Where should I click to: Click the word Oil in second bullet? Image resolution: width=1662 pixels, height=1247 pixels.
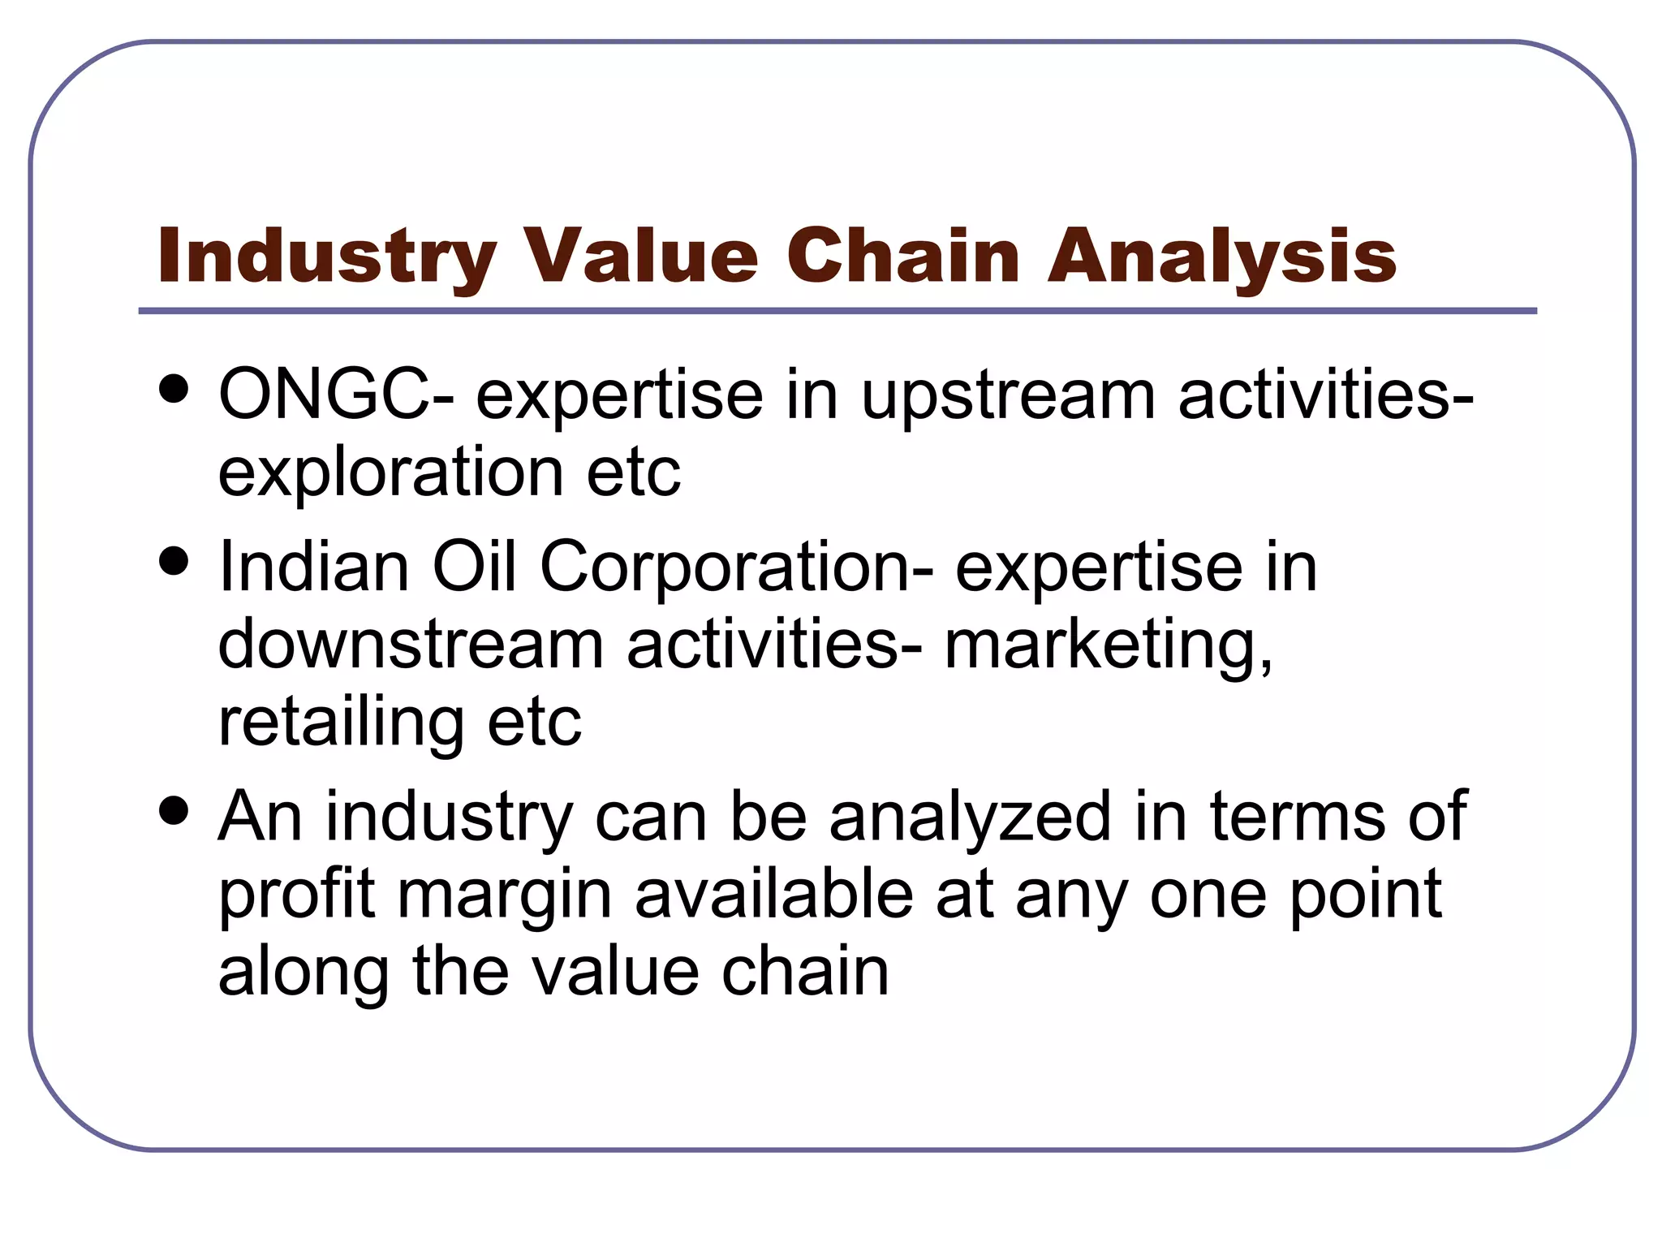[474, 566]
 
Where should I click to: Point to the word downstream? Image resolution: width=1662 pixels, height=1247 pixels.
[411, 645]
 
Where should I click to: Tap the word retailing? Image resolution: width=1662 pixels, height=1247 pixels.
[341, 723]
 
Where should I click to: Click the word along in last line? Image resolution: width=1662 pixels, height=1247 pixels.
[304, 973]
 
